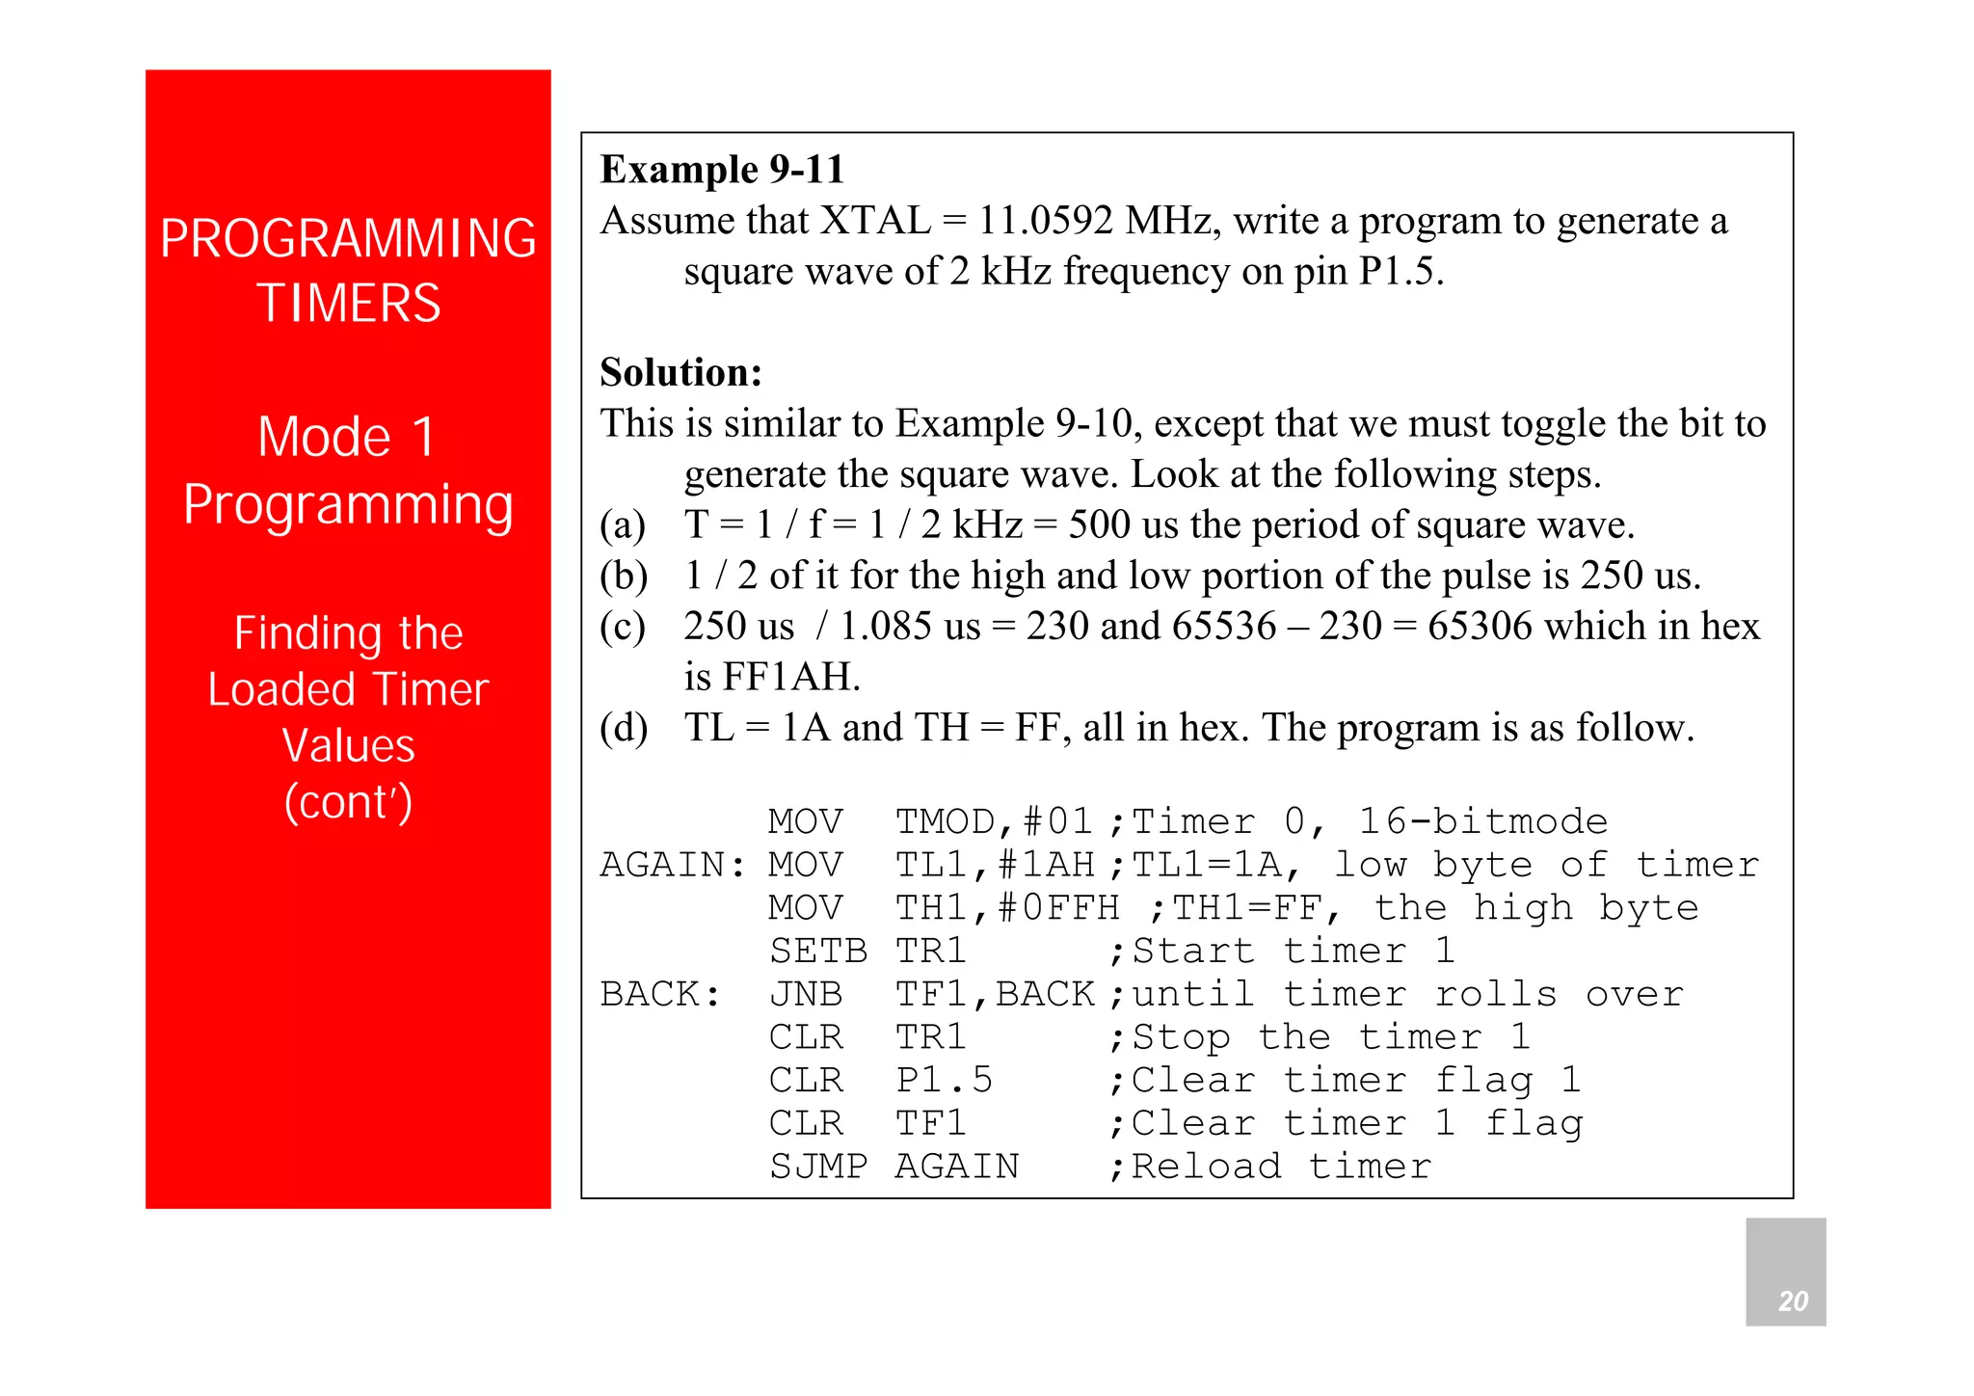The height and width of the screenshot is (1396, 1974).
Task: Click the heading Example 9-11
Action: click(x=722, y=170)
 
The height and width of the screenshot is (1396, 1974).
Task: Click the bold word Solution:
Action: click(x=680, y=372)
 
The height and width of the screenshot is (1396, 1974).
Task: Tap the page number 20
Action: click(x=1792, y=1301)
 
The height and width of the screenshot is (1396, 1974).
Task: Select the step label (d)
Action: click(x=624, y=728)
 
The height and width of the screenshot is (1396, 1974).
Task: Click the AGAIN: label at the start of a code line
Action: click(x=672, y=865)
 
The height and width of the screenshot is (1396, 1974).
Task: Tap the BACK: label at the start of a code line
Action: click(x=660, y=994)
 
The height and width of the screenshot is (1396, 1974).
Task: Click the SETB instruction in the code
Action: click(x=817, y=952)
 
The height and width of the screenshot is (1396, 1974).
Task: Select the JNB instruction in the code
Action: click(x=806, y=994)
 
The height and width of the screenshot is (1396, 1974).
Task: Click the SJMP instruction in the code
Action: click(x=817, y=1167)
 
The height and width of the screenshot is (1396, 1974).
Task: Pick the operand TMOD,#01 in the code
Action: click(x=994, y=822)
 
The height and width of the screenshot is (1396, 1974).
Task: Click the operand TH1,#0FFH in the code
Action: click(x=1006, y=908)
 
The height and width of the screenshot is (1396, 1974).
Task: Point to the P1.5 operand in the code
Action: click(x=944, y=1080)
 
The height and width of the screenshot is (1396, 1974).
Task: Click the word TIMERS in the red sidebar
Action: click(x=348, y=303)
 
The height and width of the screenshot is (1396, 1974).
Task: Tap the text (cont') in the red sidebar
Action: click(x=348, y=802)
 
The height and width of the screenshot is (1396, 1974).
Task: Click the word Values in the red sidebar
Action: click(x=348, y=745)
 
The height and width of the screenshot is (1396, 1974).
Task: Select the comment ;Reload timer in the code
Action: click(x=1270, y=1167)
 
